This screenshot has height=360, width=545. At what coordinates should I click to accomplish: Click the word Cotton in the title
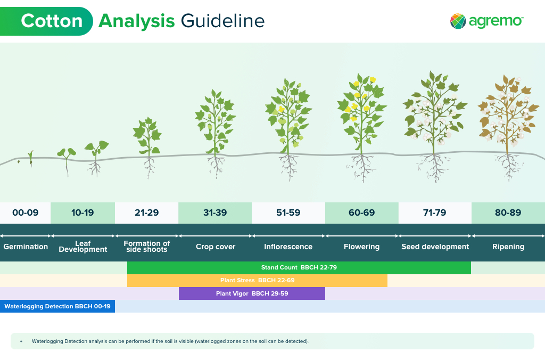52,21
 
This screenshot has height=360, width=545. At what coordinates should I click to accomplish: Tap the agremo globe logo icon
458,21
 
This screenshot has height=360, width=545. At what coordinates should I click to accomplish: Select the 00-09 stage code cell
26,212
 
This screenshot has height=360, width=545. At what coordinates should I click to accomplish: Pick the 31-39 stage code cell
215,212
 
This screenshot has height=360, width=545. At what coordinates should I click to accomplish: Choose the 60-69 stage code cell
362,212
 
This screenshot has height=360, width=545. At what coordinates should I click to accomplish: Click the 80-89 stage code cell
508,212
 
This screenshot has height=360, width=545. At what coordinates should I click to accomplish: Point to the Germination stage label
26,247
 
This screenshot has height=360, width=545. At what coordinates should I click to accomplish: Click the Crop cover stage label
216,247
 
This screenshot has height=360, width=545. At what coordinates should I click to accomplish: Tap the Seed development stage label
435,247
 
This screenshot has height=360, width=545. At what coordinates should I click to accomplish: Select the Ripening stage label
508,247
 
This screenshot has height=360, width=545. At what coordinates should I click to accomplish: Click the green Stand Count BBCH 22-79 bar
299,267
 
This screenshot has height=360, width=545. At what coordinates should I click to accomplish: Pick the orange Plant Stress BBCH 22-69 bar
257,280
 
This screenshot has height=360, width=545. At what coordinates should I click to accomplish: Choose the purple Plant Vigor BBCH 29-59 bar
252,293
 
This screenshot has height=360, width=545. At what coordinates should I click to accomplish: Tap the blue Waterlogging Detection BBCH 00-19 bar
57,306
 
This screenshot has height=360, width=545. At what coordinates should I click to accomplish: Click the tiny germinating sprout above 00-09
30,158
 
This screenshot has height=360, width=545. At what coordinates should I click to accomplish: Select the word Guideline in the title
223,21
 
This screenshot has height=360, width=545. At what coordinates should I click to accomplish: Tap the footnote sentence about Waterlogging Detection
170,341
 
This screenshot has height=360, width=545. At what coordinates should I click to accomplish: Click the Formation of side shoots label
147,246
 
